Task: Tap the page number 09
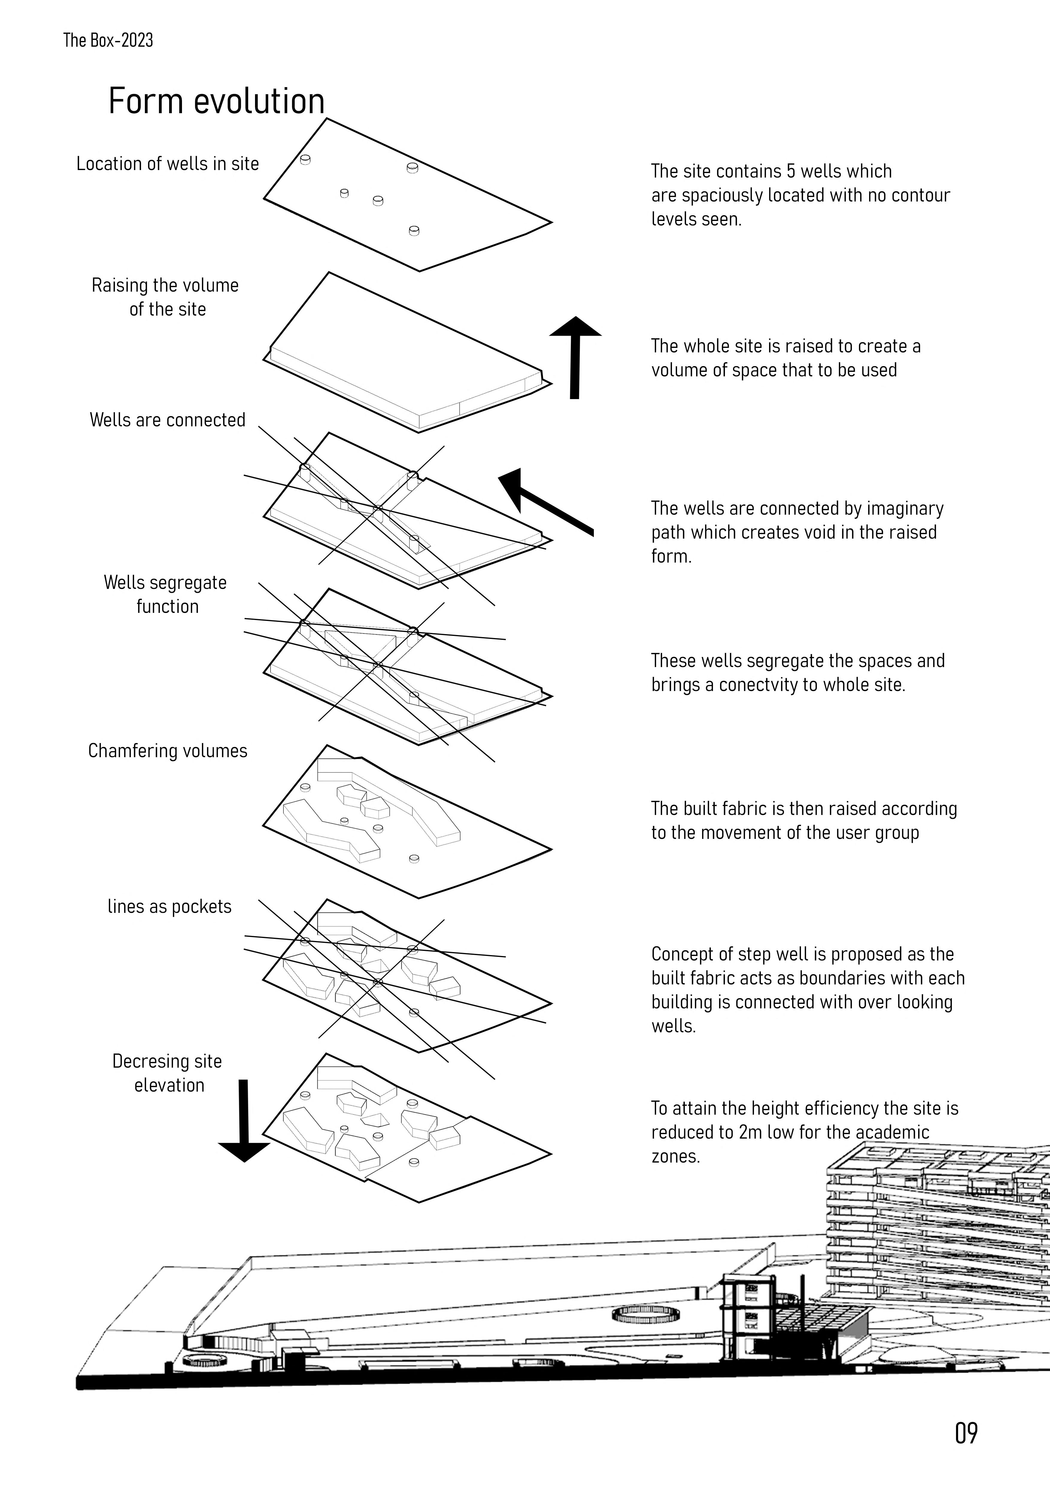tap(966, 1433)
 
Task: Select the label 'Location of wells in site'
tap(167, 164)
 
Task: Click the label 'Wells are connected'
tap(167, 420)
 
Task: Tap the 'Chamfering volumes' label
tap(167, 751)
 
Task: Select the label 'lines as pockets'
tap(169, 907)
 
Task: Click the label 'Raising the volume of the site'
tap(166, 297)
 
